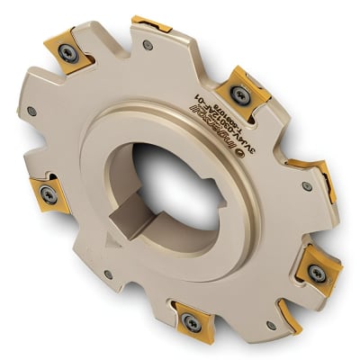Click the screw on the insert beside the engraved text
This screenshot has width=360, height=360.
(238, 93)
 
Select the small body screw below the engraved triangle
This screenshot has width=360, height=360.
(108, 273)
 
